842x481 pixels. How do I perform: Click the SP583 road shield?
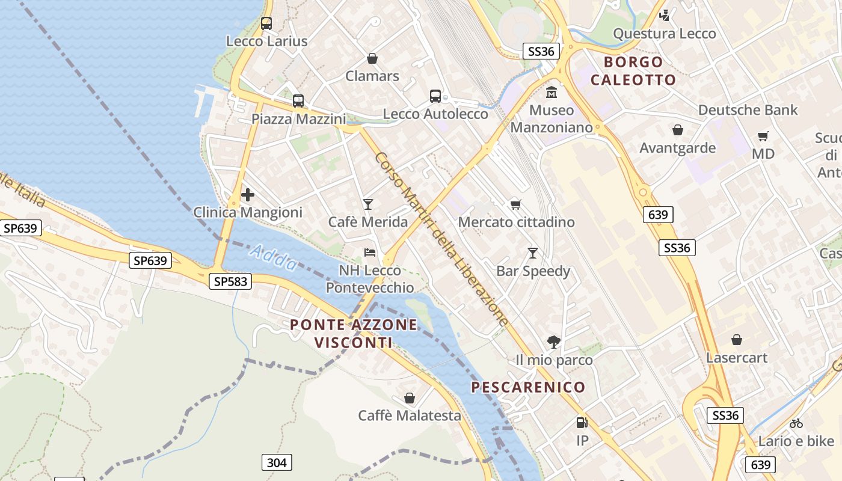click(x=231, y=281)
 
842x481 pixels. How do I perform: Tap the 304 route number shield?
click(x=277, y=462)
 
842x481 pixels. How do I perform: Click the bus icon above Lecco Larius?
click(x=266, y=23)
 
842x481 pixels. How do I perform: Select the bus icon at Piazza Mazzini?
click(x=298, y=101)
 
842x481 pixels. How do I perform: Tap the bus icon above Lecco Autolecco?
click(x=435, y=96)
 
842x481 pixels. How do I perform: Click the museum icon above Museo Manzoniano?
click(x=552, y=93)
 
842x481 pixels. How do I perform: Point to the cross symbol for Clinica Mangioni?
click(x=247, y=195)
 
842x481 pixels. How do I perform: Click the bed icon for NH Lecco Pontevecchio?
click(x=370, y=253)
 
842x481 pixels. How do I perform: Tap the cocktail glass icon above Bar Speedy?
click(x=532, y=253)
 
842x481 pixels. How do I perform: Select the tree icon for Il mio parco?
click(x=554, y=342)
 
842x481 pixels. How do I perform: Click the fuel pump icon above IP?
click(x=582, y=423)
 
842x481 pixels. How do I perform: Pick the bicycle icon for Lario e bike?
click(x=796, y=423)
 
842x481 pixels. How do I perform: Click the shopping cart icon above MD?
click(x=763, y=136)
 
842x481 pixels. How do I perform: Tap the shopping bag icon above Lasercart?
click(x=737, y=340)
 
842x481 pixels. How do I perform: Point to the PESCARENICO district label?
click(x=528, y=387)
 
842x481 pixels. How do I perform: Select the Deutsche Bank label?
click(x=748, y=110)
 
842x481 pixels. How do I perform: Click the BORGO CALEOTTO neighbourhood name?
click(x=633, y=71)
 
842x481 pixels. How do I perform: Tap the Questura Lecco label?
click(x=664, y=34)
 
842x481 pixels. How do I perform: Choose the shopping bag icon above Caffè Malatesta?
click(x=410, y=398)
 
